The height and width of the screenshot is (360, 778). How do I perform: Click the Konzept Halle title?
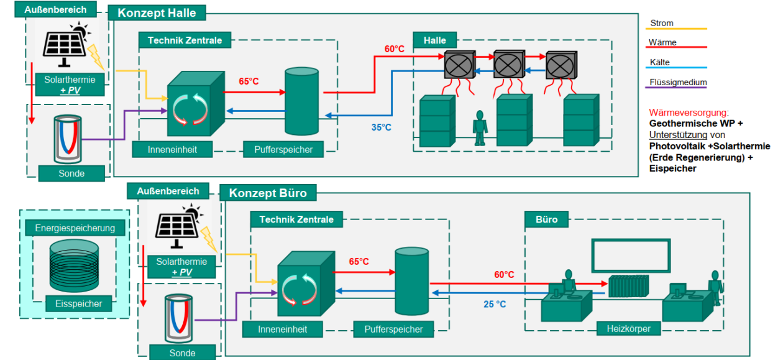tap(156, 13)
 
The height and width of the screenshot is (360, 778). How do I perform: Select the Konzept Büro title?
tap(268, 193)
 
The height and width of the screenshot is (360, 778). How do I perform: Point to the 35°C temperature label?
tap(382, 127)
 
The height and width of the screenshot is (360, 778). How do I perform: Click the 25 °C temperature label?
tap(495, 304)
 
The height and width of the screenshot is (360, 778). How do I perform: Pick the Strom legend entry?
tap(662, 24)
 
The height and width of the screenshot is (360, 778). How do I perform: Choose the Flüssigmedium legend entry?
tap(678, 82)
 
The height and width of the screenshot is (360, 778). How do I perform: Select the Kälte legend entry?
tap(660, 62)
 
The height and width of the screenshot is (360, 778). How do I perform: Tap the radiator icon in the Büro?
tap(628, 287)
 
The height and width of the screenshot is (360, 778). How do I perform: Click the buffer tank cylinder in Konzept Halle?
tap(301, 101)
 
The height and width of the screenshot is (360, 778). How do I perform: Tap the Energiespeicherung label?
tap(75, 228)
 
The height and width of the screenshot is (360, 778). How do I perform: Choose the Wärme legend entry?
tap(662, 43)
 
